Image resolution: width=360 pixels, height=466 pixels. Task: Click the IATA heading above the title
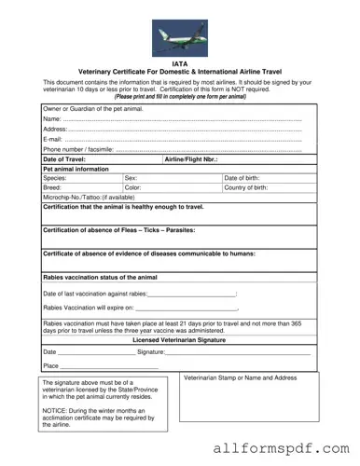click(x=180, y=63)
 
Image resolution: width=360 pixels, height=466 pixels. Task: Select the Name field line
click(x=177, y=119)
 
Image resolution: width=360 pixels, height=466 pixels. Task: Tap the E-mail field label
click(x=52, y=139)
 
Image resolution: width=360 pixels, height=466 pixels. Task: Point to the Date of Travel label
click(x=64, y=159)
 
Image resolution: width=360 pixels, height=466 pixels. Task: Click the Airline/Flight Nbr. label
click(x=191, y=159)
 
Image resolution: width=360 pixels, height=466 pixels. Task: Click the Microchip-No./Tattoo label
click(x=89, y=198)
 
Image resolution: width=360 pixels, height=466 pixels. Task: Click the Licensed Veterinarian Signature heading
click(x=179, y=341)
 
